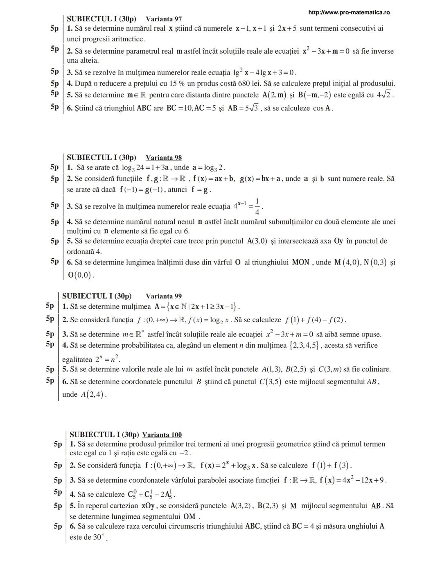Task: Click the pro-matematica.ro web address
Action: [349, 13]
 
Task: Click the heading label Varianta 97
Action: [164, 19]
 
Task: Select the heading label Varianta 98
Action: [164, 158]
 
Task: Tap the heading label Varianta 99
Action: [164, 296]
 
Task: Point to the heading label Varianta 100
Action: [162, 435]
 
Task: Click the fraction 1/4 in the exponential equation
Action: [257, 206]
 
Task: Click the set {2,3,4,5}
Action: [304, 346]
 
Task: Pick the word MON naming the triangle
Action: [301, 262]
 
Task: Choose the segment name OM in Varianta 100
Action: [189, 517]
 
